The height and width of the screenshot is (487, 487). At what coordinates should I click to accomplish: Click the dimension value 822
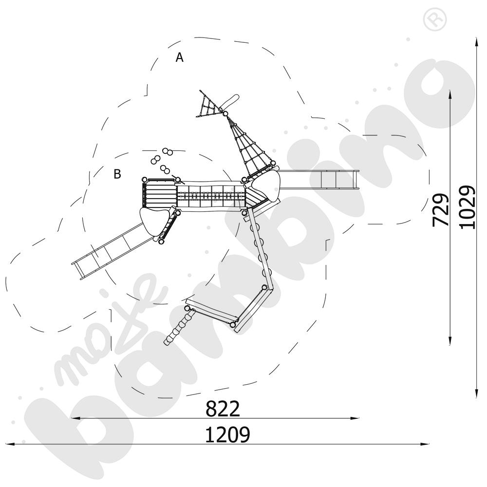pos(223,409)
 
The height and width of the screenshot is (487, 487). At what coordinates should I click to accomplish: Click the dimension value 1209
pos(227,435)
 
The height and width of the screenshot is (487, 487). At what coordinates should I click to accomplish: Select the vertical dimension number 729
pos(441,209)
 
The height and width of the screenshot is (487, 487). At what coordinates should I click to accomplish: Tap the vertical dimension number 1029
pos(467,207)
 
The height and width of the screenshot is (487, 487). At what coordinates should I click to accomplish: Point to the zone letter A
pos(180,57)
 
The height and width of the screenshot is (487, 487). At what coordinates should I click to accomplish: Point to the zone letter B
pos(117,174)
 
